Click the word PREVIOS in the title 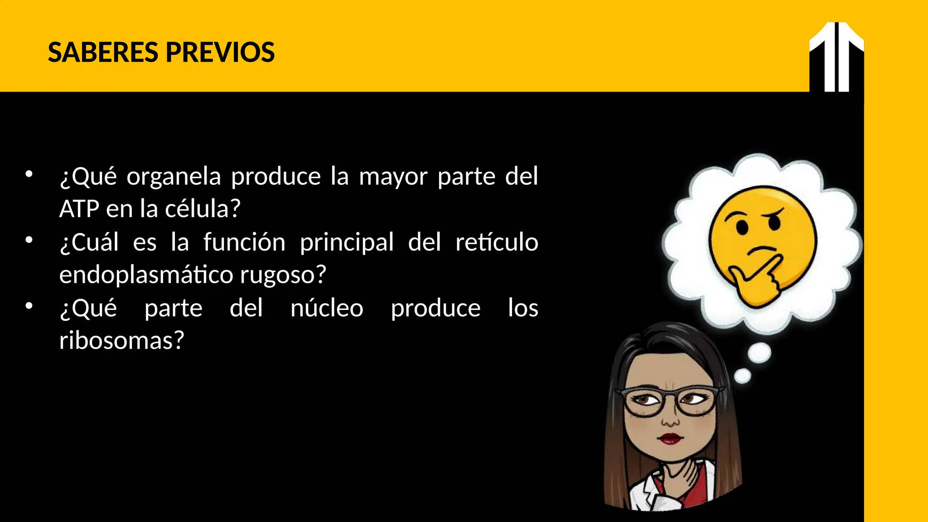click(220, 53)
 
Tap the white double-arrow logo click(836, 57)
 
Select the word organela click(174, 177)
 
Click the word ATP click(79, 209)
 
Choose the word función click(244, 242)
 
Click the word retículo click(497, 242)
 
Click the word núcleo click(327, 308)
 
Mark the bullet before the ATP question click(29, 174)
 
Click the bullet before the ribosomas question click(29, 306)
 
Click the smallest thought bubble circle click(742, 376)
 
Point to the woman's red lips click(671, 439)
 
